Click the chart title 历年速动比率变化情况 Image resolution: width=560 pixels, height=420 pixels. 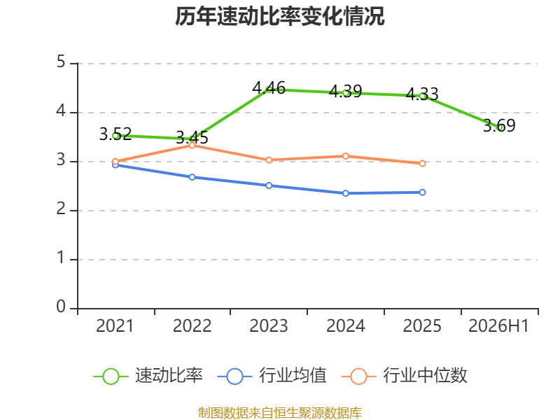(279, 16)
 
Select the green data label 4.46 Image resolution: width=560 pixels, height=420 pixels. (269, 88)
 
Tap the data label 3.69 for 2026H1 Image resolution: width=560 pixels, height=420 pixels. (499, 125)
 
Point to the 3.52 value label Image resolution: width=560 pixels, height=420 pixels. (115, 134)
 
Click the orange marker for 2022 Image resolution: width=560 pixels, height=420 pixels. (192, 146)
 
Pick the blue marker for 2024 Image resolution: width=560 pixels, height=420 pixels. (346, 193)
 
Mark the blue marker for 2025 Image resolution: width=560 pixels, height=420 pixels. (422, 192)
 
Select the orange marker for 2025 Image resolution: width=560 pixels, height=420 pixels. (422, 163)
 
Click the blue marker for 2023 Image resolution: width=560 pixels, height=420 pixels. (269, 185)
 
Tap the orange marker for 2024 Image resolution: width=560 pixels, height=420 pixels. (346, 156)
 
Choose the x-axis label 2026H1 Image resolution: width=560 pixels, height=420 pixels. (498, 325)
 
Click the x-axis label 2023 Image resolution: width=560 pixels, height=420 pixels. (269, 325)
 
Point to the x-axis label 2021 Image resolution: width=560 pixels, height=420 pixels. (115, 325)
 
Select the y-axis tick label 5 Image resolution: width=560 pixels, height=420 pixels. (61, 62)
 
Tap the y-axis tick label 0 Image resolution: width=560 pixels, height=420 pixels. (61, 307)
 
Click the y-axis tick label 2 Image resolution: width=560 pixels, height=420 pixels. (61, 209)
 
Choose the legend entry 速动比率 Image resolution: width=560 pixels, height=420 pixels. (148, 376)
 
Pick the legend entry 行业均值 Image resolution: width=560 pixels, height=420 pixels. (272, 376)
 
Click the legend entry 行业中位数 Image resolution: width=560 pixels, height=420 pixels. (405, 376)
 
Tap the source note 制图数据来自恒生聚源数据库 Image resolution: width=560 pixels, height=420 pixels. (279, 413)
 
